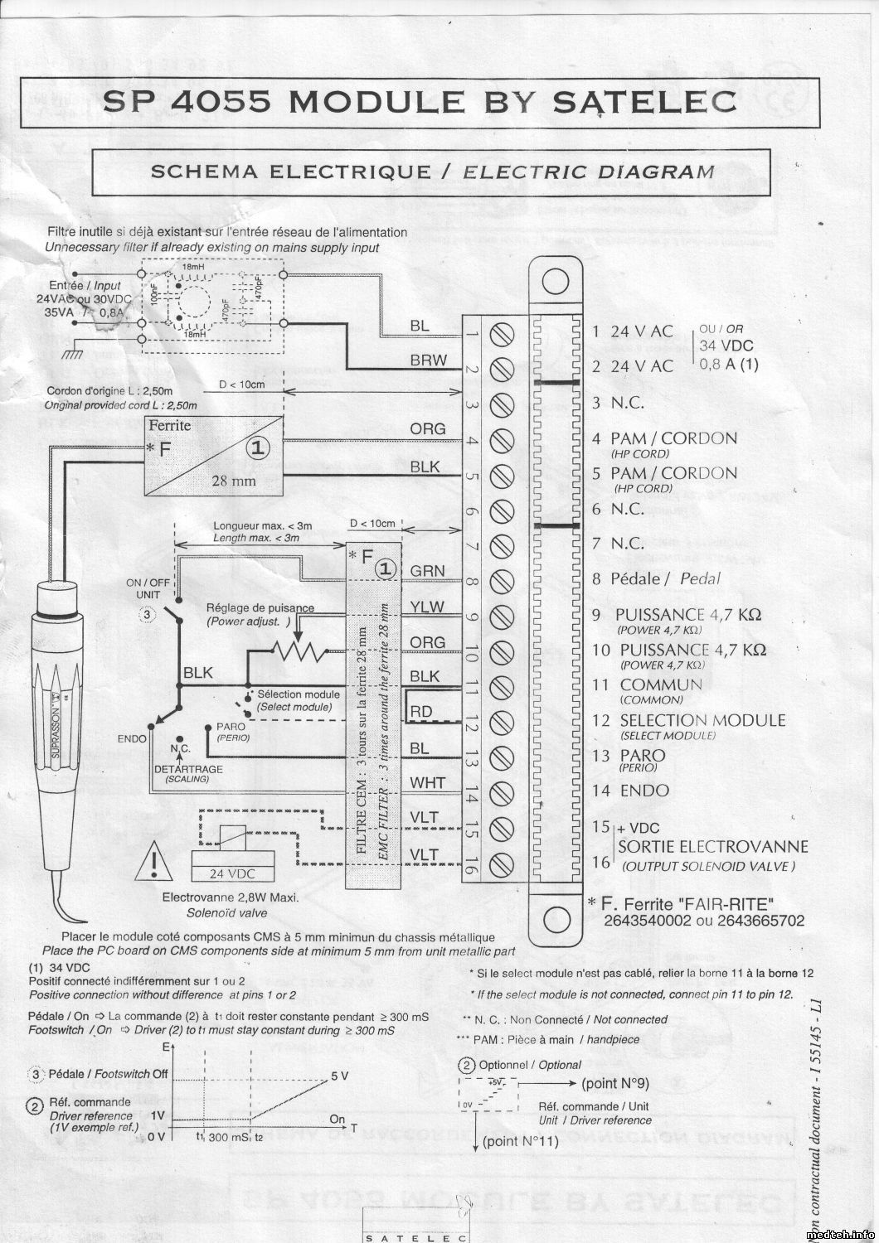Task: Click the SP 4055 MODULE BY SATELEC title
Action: pyautogui.click(x=419, y=101)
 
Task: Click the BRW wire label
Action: pyautogui.click(x=428, y=360)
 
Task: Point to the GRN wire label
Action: pyautogui.click(x=427, y=571)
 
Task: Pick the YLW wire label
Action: pyautogui.click(x=427, y=607)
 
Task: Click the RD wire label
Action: pyautogui.click(x=421, y=712)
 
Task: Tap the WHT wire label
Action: pyautogui.click(x=427, y=782)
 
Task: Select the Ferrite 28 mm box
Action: pyautogui.click(x=213, y=455)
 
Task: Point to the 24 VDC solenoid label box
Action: pyautogui.click(x=232, y=873)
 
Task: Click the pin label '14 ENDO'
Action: pyautogui.click(x=631, y=791)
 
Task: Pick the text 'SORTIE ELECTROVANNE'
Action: pyautogui.click(x=712, y=847)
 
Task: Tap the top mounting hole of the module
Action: pyautogui.click(x=555, y=282)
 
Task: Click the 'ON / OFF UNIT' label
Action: pyautogui.click(x=148, y=588)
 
